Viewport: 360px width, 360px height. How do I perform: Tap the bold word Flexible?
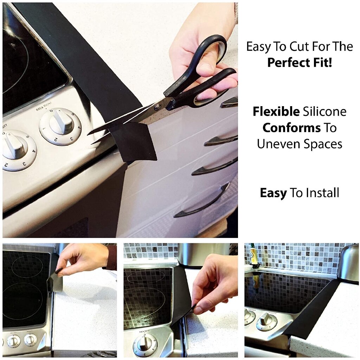pos(276,112)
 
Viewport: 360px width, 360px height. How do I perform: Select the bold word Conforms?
pos(291,128)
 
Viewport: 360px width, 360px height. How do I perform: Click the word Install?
pos(322,193)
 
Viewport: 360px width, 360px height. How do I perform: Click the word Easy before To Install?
pos(273,193)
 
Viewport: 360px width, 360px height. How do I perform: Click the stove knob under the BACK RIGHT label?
pos(60,126)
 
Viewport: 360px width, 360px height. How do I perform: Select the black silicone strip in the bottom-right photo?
pos(311,309)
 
